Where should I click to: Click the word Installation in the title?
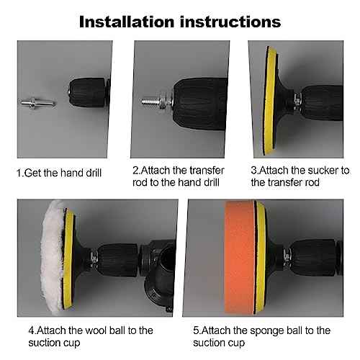(127, 22)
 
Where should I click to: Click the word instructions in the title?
(230, 22)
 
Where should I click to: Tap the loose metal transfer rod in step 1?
(37, 103)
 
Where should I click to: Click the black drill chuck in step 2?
(200, 104)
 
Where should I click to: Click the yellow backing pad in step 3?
(270, 101)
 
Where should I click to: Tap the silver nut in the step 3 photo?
(298, 102)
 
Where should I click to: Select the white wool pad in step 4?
(53, 257)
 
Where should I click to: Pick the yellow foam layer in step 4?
(68, 258)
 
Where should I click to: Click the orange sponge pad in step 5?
(239, 257)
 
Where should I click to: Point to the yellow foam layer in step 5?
(261, 257)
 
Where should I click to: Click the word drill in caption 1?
(94, 173)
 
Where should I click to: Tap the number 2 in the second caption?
(135, 171)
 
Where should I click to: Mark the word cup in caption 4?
(71, 343)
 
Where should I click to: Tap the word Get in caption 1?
(33, 173)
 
